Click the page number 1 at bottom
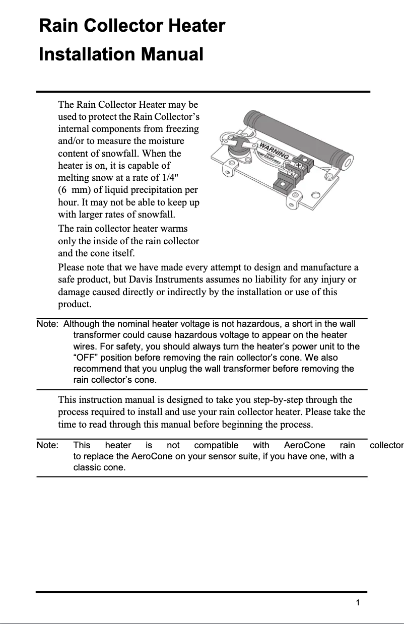point(357,603)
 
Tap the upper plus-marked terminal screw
point(298,165)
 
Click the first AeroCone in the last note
point(304,446)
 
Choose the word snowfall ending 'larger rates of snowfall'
point(158,216)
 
